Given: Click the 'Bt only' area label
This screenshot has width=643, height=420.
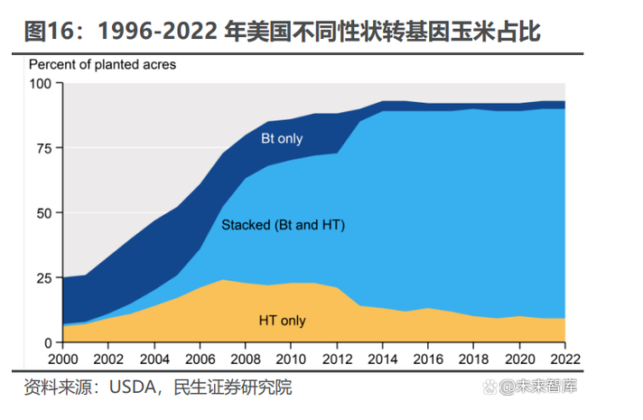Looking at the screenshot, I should (x=282, y=138).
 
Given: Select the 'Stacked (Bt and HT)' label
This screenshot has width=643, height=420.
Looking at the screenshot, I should (x=284, y=225).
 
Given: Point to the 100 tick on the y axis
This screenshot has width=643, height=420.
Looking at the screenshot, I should (x=42, y=84).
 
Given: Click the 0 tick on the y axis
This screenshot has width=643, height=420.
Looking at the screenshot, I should (x=49, y=343).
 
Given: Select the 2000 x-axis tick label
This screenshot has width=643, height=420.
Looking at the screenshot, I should (x=63, y=359).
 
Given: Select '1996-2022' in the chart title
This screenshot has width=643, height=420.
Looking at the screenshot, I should (x=158, y=33).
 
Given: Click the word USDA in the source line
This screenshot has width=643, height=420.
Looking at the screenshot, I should (x=134, y=387).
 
